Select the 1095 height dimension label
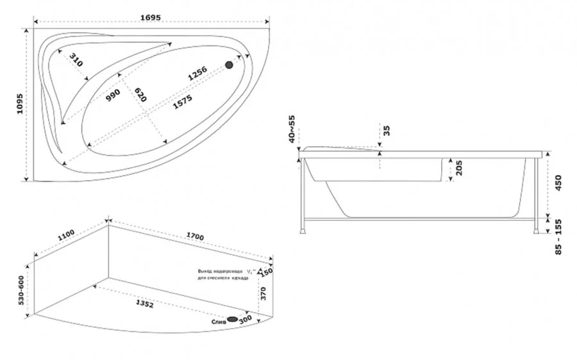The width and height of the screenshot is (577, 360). [x=19, y=104]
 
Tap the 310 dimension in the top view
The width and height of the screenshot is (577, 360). [x=76, y=61]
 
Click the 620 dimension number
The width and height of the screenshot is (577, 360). [x=140, y=94]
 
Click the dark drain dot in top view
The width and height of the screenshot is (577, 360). [x=229, y=65]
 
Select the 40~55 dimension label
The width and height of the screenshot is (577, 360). [x=292, y=129]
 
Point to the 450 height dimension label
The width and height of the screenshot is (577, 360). [x=558, y=184]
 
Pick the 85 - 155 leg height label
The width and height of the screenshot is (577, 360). [x=558, y=238]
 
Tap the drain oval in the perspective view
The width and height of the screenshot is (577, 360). [x=233, y=319]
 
